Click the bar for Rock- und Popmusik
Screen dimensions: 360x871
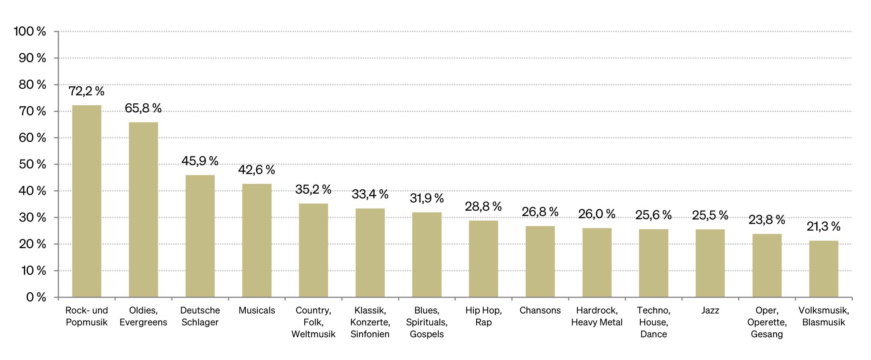click(x=87, y=201)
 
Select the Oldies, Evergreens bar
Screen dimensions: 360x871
click(x=143, y=210)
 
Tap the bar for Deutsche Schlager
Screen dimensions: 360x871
click(x=200, y=236)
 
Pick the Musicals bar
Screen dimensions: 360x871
click(x=257, y=240)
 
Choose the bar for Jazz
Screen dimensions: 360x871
click(x=710, y=263)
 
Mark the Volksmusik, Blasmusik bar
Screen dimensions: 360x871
click(x=823, y=269)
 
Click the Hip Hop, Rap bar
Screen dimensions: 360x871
click(x=484, y=259)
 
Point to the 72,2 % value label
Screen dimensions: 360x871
click(x=87, y=91)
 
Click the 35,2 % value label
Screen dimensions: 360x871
click(x=313, y=189)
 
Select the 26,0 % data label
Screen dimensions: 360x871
click(x=597, y=214)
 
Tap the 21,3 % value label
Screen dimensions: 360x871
click(x=823, y=226)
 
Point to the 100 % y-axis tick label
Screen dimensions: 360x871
click(x=30, y=31)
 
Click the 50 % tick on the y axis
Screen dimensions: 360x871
click(x=33, y=165)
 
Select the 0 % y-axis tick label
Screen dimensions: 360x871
click(x=36, y=297)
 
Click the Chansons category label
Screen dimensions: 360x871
click(x=540, y=310)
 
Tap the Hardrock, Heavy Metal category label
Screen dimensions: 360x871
click(x=597, y=316)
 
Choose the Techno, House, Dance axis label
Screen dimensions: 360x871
click(x=653, y=322)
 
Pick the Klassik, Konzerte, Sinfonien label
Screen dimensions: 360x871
click(x=370, y=322)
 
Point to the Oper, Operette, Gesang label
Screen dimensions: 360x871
click(x=767, y=322)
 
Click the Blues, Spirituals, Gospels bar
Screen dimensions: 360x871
click(x=427, y=255)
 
